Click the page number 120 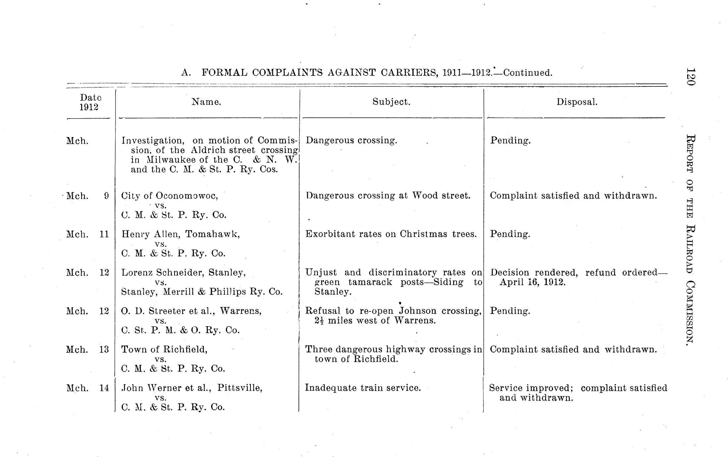(690, 77)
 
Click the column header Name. (206, 102)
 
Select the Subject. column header (391, 102)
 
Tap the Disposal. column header (577, 102)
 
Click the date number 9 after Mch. (106, 196)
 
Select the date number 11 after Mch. (104, 234)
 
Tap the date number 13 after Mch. (104, 350)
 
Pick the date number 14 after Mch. (104, 388)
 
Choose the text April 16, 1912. (532, 282)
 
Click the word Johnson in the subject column (418, 311)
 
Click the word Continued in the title (528, 73)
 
